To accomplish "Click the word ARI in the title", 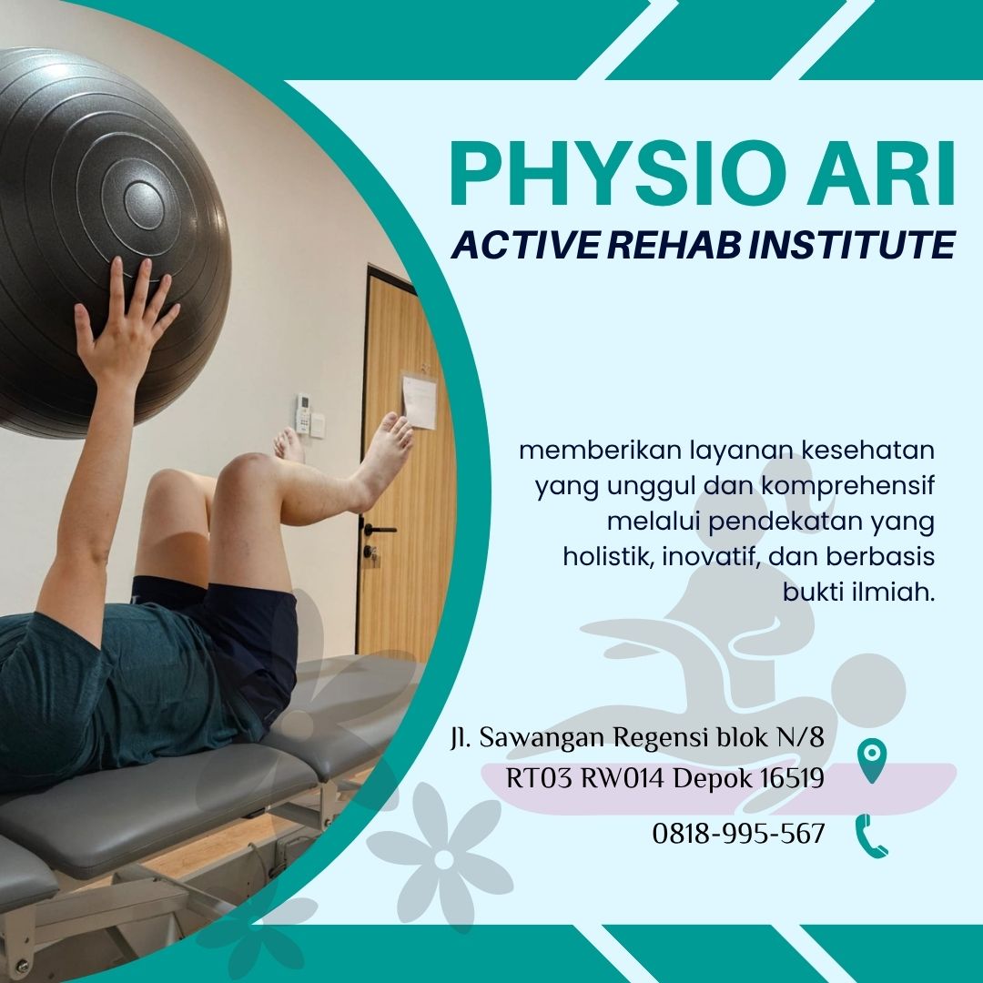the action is (x=882, y=173).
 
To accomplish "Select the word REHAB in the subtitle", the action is (x=674, y=245).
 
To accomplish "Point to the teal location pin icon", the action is (x=872, y=759).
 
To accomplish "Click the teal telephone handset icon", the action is (x=871, y=836).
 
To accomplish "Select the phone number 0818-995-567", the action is (x=738, y=834).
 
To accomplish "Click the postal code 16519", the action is (x=793, y=778).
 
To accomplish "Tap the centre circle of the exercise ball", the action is (x=144, y=204).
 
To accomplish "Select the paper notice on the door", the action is (x=419, y=401).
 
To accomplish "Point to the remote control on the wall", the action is (x=303, y=412).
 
